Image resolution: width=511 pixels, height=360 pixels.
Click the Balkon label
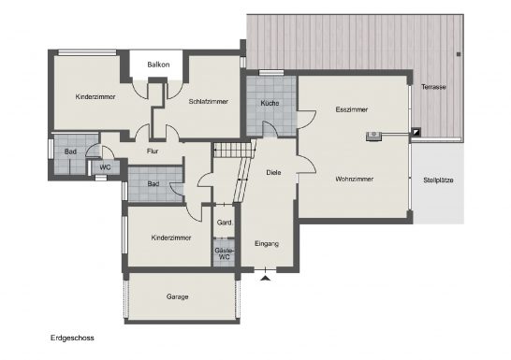[x=158, y=65]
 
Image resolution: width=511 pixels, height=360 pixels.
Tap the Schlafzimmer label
[x=209, y=102]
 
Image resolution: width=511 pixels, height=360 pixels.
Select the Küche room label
[x=270, y=103]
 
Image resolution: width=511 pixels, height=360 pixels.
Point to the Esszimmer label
[x=352, y=109]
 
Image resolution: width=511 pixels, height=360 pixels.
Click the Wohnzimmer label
[x=355, y=179]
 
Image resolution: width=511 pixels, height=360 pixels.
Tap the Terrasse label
[x=433, y=87]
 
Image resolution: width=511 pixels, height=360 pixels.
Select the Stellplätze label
[x=438, y=180]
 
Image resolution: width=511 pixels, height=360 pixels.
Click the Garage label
[x=177, y=296]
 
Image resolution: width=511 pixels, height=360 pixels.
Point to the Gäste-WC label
[x=225, y=253]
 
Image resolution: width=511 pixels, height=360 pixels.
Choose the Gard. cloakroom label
[x=225, y=223]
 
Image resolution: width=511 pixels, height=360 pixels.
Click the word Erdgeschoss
[x=72, y=338]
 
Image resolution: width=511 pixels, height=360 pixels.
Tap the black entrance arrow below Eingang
[x=266, y=278]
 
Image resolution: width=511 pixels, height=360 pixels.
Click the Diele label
[x=273, y=172]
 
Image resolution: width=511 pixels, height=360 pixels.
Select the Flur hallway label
[x=153, y=151]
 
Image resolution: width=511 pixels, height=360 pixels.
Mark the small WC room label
[x=105, y=167]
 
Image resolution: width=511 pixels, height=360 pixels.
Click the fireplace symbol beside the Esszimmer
[x=373, y=136]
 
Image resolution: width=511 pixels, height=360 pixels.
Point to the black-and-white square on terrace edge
[x=416, y=132]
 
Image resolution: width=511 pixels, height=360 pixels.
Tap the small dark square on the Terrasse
[x=459, y=54]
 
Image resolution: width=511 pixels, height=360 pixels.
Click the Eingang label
[x=267, y=243]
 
